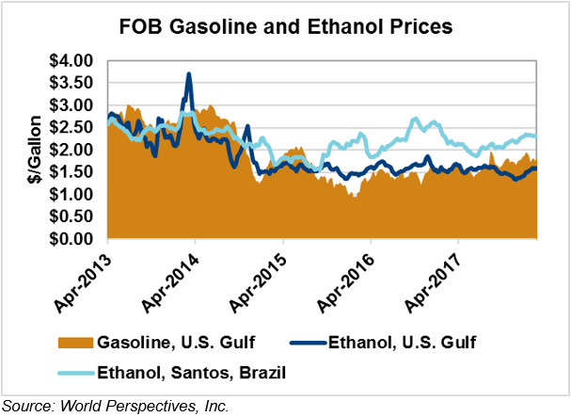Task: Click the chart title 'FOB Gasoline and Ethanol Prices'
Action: [286, 27]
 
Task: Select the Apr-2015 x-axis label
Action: [262, 281]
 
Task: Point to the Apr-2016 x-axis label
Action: [350, 281]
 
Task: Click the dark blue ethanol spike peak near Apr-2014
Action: [189, 74]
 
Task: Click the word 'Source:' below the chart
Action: [26, 407]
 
